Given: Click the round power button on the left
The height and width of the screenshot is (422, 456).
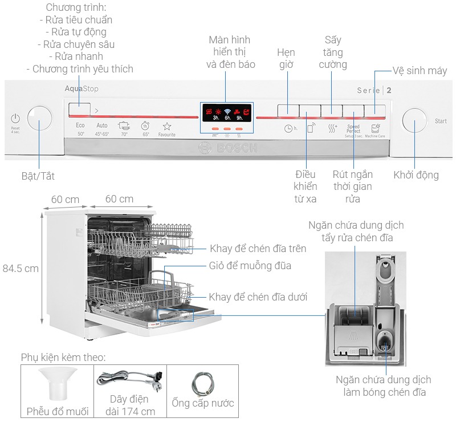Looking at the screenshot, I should tap(39, 119).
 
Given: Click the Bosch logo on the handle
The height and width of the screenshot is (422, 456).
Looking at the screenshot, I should tap(227, 148).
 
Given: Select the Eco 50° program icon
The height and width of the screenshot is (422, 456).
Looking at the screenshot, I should tap(80, 128).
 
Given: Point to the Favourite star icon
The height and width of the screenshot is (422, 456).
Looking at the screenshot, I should tap(166, 128).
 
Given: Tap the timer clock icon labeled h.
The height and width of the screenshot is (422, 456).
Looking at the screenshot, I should tap(291, 128).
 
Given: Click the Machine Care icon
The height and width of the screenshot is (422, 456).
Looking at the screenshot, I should tap(375, 130).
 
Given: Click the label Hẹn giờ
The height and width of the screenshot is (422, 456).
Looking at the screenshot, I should tap(286, 58).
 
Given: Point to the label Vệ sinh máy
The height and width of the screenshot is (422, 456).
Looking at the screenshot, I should tap(420, 71).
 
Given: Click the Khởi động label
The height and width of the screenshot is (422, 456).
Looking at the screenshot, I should tap(416, 175).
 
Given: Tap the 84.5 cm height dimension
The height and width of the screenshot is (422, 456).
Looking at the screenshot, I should tap(21, 268).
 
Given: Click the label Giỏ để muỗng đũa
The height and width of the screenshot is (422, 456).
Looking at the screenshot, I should tap(250, 266).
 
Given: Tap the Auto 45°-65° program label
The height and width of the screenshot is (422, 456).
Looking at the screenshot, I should tap(102, 129).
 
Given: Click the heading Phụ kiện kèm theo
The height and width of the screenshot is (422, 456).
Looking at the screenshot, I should tap(64, 357).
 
